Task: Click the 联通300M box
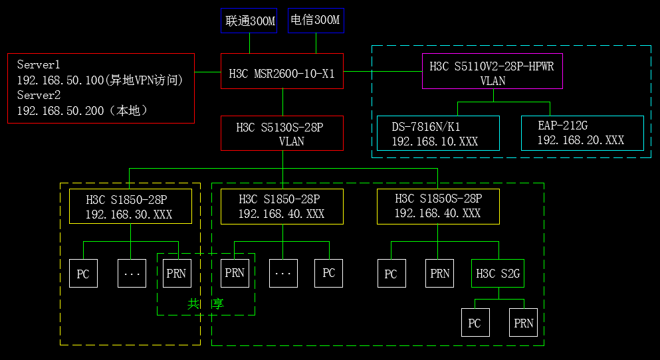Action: point(249,21)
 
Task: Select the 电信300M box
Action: point(316,21)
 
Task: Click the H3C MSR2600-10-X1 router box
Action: point(282,71)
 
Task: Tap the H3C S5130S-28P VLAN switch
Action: point(282,134)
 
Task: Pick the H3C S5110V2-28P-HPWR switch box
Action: point(493,71)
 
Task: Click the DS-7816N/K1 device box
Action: point(437,134)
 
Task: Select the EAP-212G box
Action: point(582,134)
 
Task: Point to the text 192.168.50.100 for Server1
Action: point(60,80)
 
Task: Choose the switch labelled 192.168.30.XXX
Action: point(130,207)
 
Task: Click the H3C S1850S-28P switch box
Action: point(437,207)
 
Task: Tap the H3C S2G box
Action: point(498,273)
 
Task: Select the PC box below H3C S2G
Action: point(475,323)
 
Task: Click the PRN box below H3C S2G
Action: point(524,323)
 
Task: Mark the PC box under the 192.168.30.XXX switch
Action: point(83,274)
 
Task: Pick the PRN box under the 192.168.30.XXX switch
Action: point(176,273)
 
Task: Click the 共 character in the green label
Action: point(193,304)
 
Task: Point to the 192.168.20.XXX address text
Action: point(580,141)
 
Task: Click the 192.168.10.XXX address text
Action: point(435,141)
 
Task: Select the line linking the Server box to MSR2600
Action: point(207,71)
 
